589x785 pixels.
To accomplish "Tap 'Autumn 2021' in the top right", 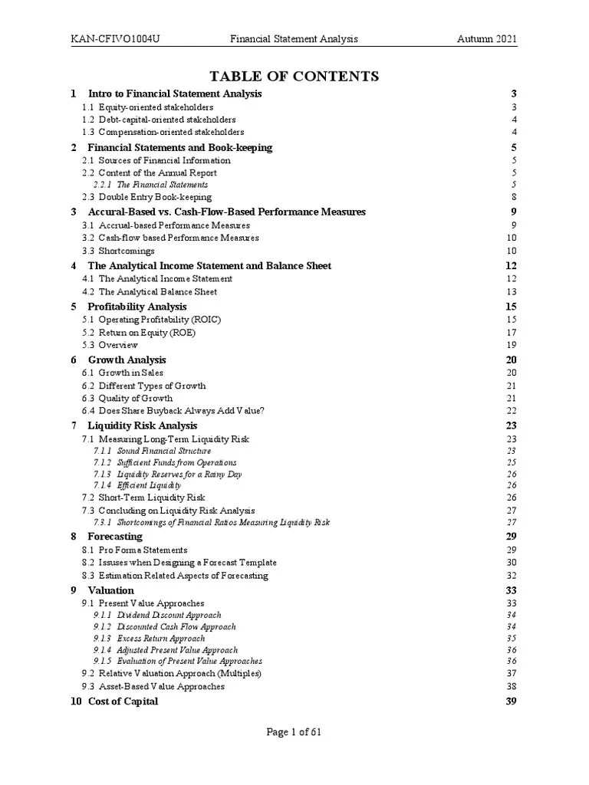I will click(x=487, y=39).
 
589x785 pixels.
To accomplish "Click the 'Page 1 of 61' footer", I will click(x=294, y=732).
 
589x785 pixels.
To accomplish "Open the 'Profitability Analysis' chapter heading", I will click(x=137, y=307).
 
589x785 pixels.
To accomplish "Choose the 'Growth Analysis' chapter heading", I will click(x=127, y=360).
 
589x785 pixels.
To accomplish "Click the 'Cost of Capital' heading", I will click(x=123, y=701).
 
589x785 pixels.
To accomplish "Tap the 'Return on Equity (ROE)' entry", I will click(x=147, y=333).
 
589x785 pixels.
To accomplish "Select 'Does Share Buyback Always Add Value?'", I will click(x=182, y=411).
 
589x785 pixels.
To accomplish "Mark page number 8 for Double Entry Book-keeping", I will click(x=515, y=197).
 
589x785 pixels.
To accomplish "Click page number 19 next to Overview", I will click(x=512, y=345).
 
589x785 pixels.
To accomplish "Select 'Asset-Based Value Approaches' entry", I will click(x=162, y=686).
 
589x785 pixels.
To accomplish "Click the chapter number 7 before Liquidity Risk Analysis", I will click(x=74, y=425).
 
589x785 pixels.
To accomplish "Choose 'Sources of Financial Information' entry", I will click(x=164, y=160).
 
